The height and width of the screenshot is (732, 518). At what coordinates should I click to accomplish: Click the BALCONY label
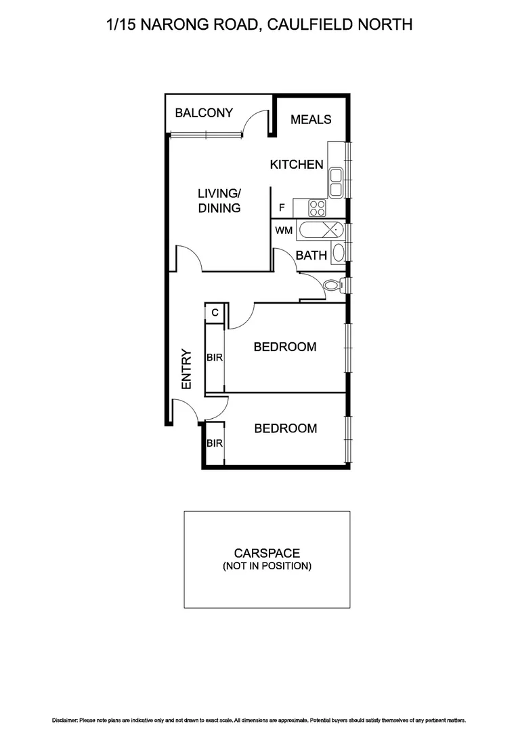click(x=204, y=113)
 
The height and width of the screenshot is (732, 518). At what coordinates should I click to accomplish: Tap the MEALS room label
click(x=311, y=119)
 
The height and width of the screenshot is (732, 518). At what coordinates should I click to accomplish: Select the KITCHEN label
click(x=297, y=165)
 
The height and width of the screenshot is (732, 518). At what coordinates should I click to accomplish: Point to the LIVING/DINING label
click(x=219, y=201)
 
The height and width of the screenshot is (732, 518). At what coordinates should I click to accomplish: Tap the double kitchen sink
click(x=335, y=180)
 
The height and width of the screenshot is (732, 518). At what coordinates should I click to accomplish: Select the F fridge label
click(x=282, y=208)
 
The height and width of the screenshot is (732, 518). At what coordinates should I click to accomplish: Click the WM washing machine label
click(x=284, y=230)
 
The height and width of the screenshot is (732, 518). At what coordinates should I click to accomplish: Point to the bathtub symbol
click(x=324, y=230)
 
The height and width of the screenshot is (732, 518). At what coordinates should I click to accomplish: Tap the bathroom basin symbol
click(x=339, y=253)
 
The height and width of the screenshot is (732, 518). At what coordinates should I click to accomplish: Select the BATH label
click(x=311, y=256)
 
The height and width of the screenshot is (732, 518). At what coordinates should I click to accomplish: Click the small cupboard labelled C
click(x=215, y=312)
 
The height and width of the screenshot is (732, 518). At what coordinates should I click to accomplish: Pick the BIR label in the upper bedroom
click(x=215, y=357)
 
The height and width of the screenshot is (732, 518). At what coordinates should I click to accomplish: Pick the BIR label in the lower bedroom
click(x=215, y=443)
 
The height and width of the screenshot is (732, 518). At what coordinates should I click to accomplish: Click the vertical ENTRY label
click(x=187, y=369)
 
